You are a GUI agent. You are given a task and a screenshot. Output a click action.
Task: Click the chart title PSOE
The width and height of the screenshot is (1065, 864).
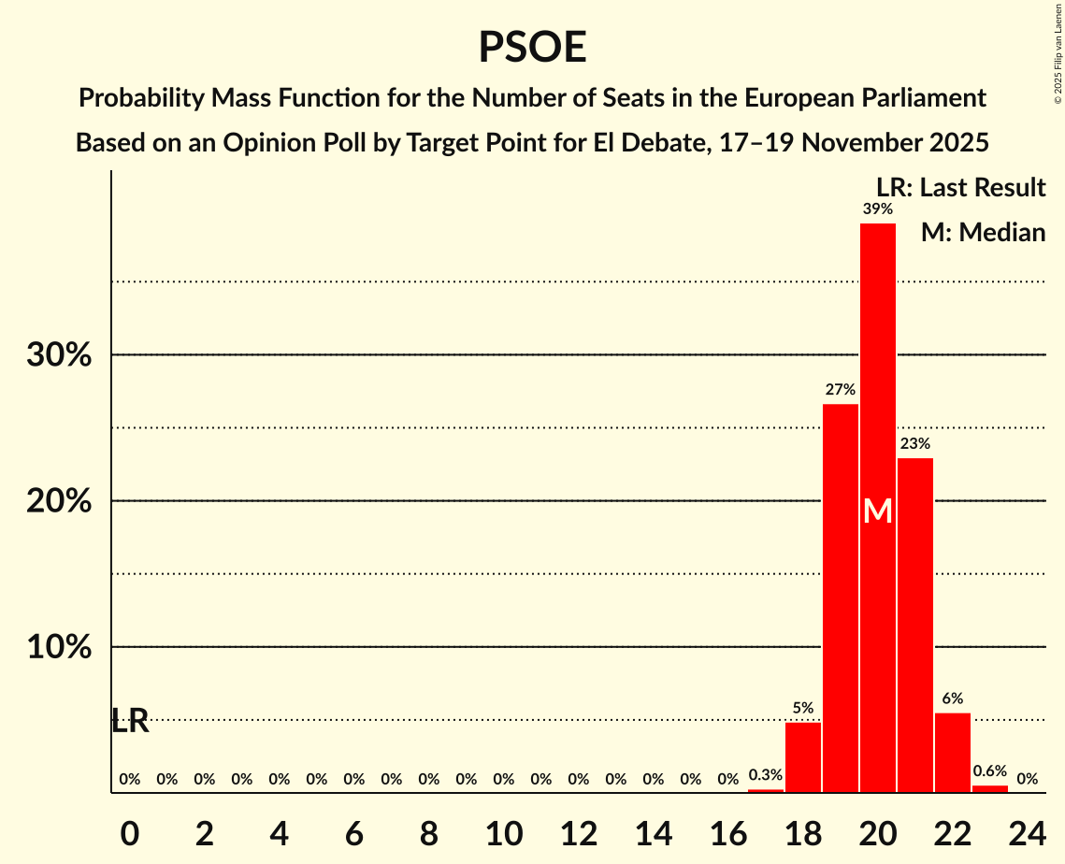[x=532, y=47]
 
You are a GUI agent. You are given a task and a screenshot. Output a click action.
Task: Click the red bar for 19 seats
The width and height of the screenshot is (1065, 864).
[x=841, y=598]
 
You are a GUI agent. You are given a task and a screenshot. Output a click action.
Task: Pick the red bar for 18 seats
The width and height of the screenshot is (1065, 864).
[x=803, y=757]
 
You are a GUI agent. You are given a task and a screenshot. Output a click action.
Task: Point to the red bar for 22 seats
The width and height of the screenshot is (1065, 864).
[x=953, y=753]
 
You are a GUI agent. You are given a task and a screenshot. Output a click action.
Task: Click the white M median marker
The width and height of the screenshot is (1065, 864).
[x=878, y=511]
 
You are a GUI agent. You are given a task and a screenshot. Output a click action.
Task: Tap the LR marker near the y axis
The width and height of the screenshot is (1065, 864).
[x=130, y=721]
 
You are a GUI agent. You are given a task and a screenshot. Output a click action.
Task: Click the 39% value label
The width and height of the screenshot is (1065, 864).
[x=878, y=209]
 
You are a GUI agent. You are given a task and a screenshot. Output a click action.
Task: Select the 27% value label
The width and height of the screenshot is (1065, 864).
[x=841, y=389]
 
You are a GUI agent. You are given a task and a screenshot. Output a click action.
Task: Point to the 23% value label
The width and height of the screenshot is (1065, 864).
[x=915, y=443]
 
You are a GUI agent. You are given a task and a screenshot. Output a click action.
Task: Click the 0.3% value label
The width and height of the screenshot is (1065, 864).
[x=766, y=775]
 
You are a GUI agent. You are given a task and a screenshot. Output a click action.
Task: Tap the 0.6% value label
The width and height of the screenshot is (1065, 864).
[x=990, y=771]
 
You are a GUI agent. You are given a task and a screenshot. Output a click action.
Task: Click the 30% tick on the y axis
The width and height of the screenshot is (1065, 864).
[x=59, y=355]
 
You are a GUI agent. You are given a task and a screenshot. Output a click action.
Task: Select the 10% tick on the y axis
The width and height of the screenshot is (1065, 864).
[x=59, y=647]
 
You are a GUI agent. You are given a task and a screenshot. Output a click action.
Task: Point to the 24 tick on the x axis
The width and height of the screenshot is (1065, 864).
[x=1028, y=829]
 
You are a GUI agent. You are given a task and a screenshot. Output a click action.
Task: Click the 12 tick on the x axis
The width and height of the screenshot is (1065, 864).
[x=579, y=829]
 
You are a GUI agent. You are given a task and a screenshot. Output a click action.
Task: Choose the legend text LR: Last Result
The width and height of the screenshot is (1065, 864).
[x=960, y=188]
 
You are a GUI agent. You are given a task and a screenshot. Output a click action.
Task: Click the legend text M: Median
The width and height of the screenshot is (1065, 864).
[x=983, y=232]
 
